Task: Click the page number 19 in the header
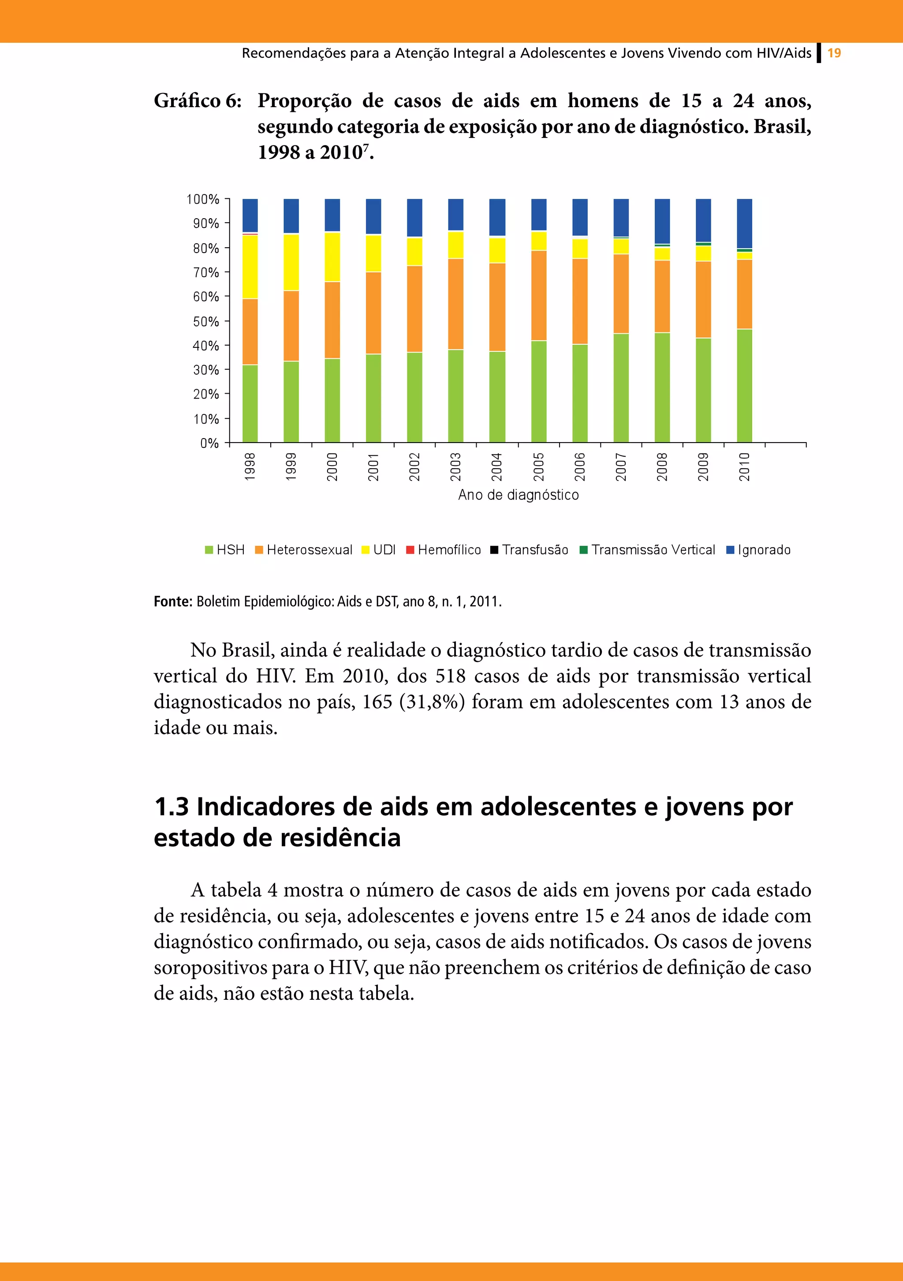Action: [x=834, y=53]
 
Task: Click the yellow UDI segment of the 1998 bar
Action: [x=250, y=267]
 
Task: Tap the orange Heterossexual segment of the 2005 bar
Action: [x=538, y=295]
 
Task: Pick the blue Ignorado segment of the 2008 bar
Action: [x=662, y=221]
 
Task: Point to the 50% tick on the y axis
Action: [x=226, y=321]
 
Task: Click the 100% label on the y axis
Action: [x=202, y=199]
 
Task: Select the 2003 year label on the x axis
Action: [x=455, y=466]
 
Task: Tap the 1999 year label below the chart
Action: [x=291, y=466]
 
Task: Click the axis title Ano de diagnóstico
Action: [x=518, y=495]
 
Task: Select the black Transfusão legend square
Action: [x=494, y=550]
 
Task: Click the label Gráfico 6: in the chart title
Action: [x=198, y=101]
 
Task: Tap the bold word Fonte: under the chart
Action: [x=172, y=601]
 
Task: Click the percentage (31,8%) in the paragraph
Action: [x=432, y=702]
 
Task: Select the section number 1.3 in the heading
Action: [x=172, y=807]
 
